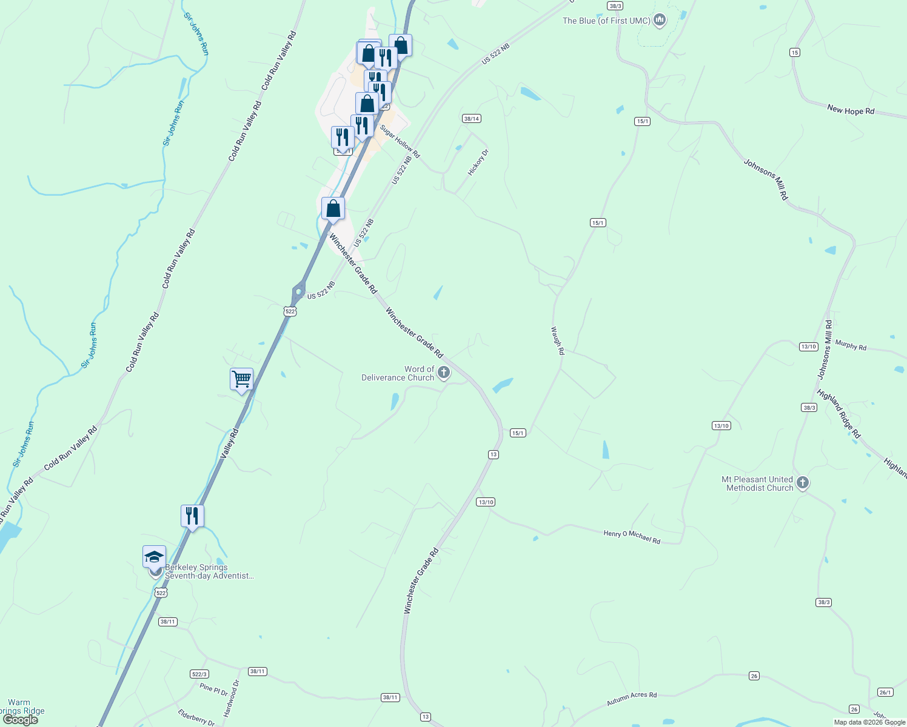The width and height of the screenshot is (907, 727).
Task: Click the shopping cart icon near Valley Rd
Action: [241, 380]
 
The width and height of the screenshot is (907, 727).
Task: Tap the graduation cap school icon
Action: [154, 557]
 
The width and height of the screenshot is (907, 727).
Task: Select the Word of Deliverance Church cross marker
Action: [444, 373]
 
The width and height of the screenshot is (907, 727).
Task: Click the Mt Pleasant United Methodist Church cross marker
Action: [803, 483]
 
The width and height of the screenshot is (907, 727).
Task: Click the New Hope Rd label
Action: [851, 110]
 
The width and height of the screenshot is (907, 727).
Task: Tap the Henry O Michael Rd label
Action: [632, 536]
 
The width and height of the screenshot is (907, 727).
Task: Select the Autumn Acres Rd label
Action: [632, 699]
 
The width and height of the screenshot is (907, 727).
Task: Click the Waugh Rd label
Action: [557, 340]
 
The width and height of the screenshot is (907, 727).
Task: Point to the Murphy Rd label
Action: [851, 345]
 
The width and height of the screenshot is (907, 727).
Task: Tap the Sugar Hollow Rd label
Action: [400, 141]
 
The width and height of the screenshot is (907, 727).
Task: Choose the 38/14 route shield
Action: [471, 119]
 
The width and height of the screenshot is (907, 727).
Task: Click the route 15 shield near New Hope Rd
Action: [794, 53]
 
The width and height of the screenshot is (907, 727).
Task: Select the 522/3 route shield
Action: [199, 674]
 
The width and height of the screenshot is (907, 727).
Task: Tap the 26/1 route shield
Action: [885, 692]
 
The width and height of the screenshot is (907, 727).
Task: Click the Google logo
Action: [21, 720]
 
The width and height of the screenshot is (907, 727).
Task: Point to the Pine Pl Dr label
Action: [213, 689]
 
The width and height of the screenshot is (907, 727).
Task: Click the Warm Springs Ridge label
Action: [21, 706]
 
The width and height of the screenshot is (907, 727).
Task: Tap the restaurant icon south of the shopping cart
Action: [192, 516]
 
